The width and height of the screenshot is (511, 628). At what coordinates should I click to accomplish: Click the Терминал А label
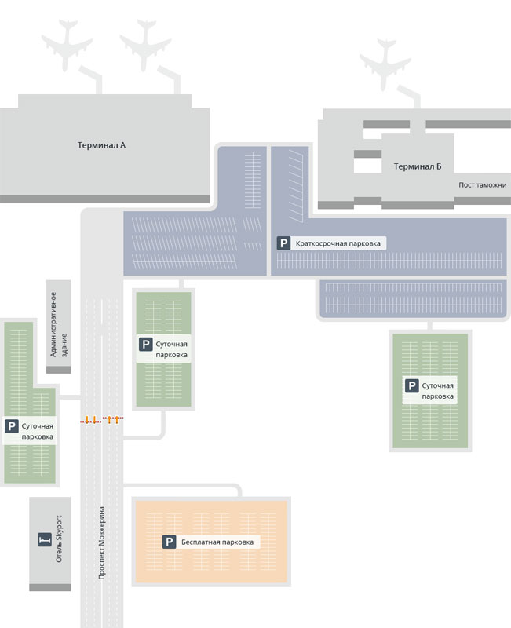click(101, 145)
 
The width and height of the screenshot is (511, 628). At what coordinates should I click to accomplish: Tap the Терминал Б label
click(418, 166)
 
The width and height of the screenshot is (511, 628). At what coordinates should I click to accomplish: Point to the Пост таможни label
click(483, 185)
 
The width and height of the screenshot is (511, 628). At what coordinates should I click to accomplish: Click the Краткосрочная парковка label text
click(338, 243)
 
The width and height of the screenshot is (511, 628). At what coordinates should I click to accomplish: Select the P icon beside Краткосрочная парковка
click(283, 243)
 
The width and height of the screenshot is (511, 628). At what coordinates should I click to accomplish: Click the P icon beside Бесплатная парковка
click(169, 542)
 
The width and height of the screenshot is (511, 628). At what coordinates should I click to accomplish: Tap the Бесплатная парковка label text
click(217, 542)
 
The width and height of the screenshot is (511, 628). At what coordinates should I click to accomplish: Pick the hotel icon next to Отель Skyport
click(45, 539)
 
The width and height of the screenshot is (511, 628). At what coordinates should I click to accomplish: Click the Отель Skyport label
click(59, 539)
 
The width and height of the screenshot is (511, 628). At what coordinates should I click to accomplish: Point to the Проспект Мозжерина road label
click(102, 542)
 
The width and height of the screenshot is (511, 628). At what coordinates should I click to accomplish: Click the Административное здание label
click(58, 324)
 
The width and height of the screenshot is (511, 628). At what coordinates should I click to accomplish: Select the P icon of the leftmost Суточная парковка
click(12, 426)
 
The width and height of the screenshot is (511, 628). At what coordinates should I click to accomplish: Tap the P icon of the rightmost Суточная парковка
click(411, 385)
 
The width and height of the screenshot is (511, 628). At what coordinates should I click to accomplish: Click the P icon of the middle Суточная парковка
click(145, 344)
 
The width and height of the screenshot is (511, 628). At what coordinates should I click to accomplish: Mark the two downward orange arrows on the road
click(90, 420)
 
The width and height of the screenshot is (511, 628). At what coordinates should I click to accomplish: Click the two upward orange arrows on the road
click(113, 420)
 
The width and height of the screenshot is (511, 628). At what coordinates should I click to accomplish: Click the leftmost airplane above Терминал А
click(67, 45)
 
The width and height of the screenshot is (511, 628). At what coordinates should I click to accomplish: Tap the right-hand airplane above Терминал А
click(145, 45)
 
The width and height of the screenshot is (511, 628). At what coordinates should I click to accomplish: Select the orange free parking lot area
click(211, 542)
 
